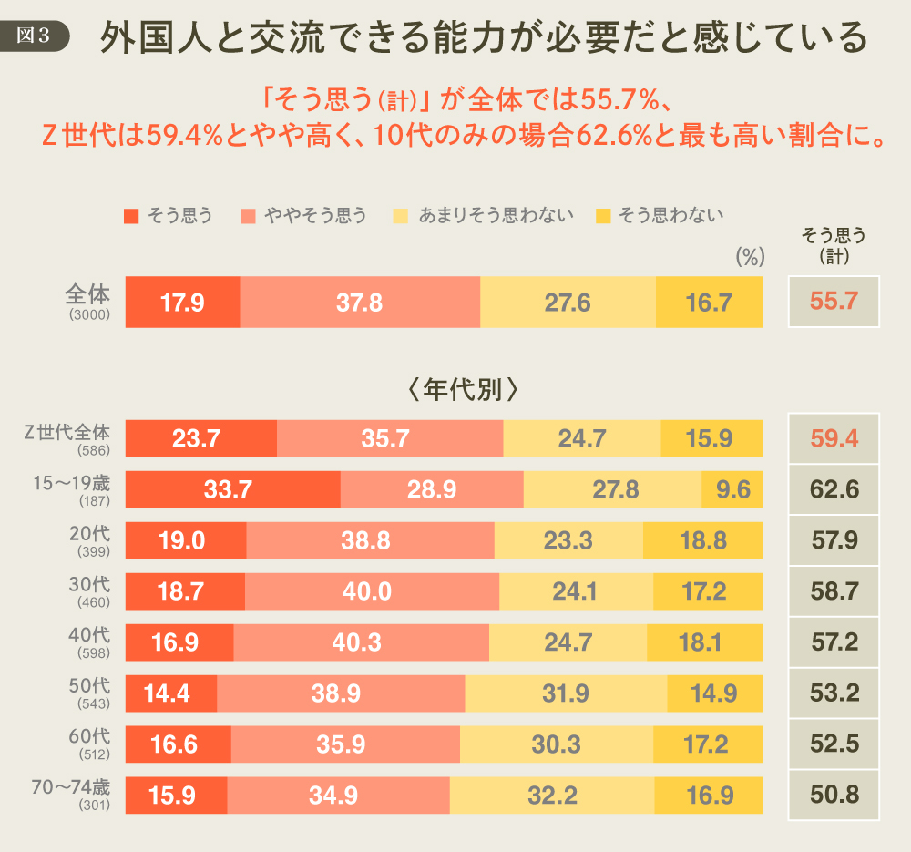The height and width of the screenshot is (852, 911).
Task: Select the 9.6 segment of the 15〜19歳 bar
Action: (x=732, y=490)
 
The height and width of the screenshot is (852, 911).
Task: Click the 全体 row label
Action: (x=88, y=295)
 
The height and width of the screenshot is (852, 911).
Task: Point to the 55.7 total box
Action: (x=834, y=302)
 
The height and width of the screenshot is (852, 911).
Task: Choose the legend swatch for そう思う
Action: (x=132, y=216)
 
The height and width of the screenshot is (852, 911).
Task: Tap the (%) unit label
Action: (x=748, y=257)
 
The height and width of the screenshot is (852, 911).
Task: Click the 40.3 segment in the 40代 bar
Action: (x=361, y=642)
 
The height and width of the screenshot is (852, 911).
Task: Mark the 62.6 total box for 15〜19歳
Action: (x=834, y=490)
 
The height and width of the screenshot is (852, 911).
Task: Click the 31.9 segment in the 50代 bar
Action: (x=566, y=693)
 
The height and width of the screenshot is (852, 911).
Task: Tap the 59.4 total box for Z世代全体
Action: (x=834, y=439)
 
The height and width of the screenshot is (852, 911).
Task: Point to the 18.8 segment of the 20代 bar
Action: (x=702, y=540)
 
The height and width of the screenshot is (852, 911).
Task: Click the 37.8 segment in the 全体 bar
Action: (x=359, y=302)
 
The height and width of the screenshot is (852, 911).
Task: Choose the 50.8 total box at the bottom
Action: (x=834, y=795)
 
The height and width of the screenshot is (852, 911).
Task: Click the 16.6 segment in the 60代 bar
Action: (x=178, y=744)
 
